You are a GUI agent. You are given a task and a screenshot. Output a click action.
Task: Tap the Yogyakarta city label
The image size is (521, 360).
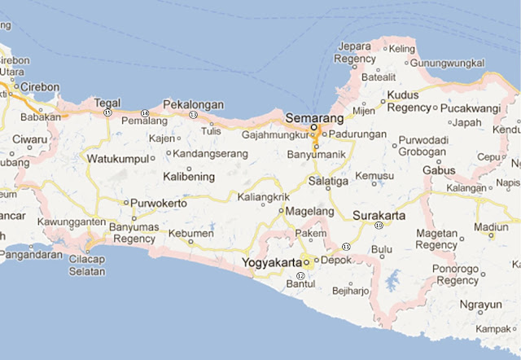tap(271, 262)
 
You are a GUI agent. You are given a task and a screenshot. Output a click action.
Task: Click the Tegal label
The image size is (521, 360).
tap(107, 103)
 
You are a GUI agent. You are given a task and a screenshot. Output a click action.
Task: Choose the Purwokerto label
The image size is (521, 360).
tap(158, 203)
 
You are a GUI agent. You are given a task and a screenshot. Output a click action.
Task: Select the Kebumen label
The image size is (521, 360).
tap(191, 233)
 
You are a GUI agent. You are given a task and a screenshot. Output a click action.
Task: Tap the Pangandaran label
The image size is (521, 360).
tap(33, 254)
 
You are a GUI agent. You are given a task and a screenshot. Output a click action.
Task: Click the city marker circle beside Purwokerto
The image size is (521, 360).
tap(125, 203)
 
